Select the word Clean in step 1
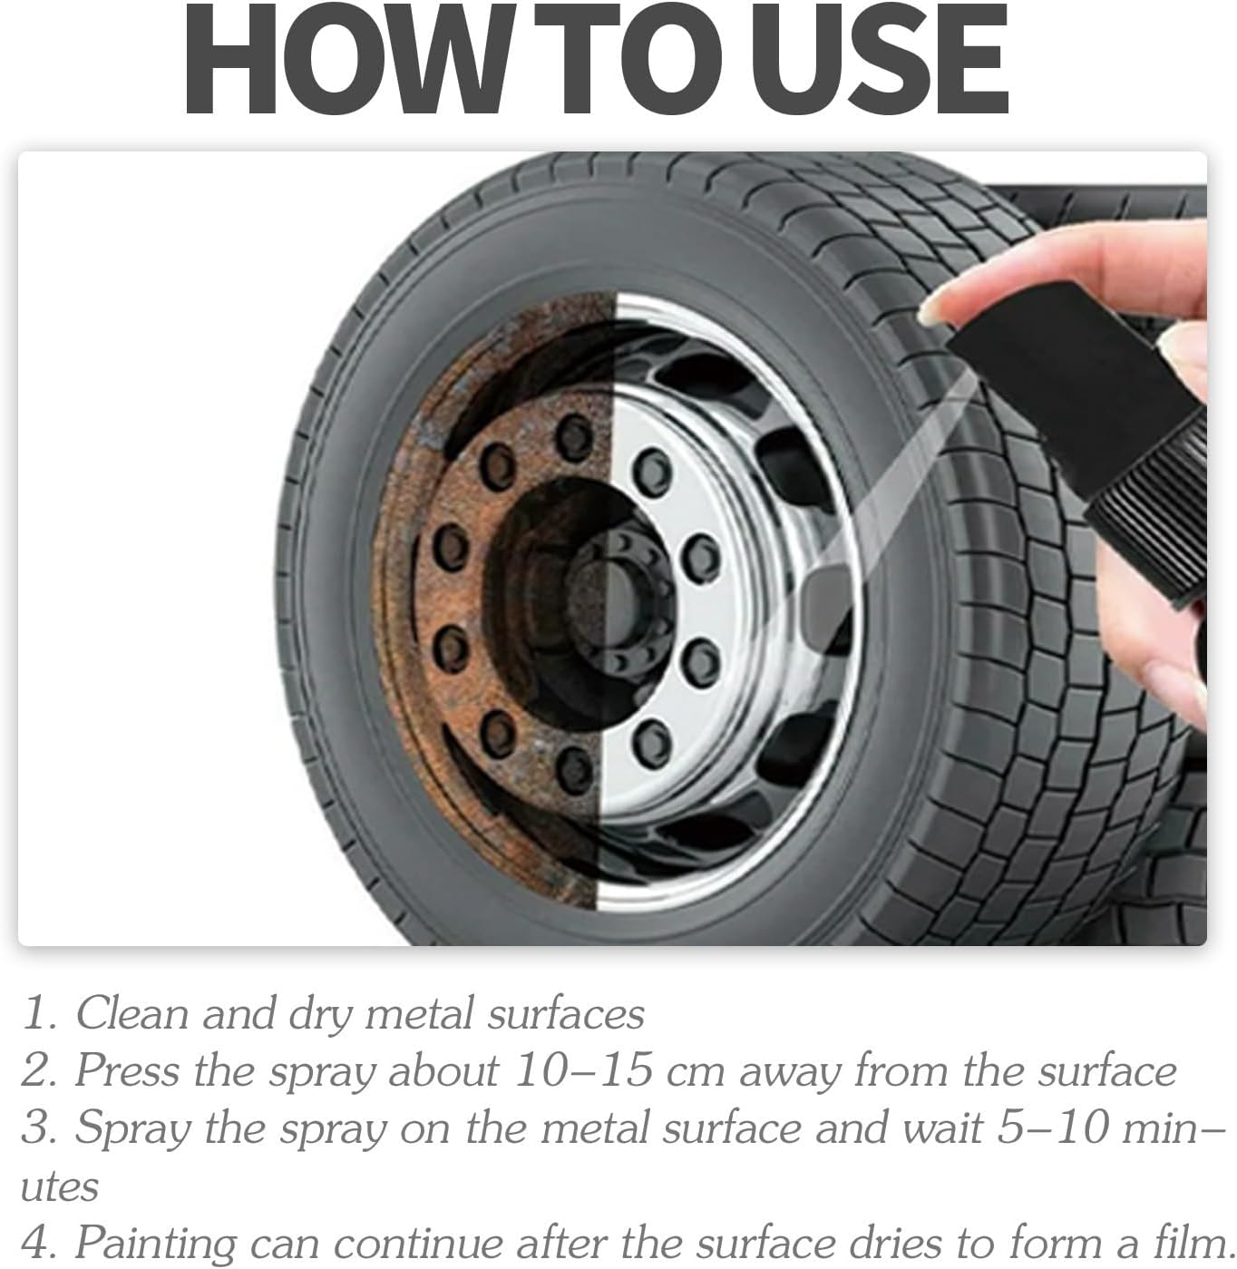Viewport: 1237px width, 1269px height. pyautogui.click(x=131, y=1014)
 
